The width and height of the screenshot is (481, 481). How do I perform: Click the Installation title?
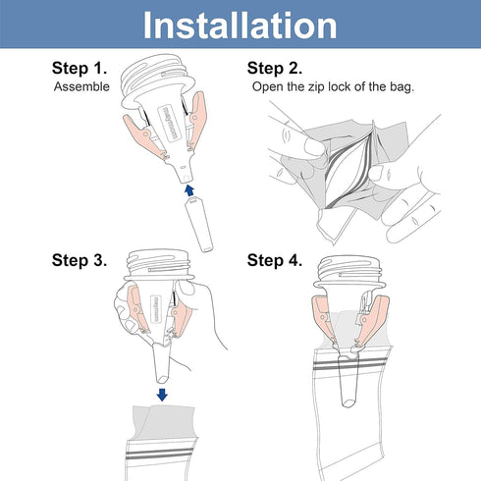240,26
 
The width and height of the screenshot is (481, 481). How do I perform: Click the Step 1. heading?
80,68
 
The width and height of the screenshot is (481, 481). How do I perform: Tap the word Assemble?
81,86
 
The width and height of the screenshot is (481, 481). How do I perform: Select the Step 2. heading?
275,68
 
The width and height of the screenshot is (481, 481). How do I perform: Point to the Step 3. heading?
80,260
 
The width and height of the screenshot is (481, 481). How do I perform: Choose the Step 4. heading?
275,260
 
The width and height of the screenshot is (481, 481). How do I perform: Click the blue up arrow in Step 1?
189,190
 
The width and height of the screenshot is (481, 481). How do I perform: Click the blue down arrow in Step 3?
162,395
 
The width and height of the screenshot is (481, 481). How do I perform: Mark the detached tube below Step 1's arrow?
199,224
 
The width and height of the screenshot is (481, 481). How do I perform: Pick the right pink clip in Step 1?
197,120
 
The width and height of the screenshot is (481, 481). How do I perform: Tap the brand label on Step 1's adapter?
171,123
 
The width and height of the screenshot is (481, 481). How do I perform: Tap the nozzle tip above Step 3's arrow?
162,379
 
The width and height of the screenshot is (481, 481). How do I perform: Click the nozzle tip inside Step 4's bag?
348,403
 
